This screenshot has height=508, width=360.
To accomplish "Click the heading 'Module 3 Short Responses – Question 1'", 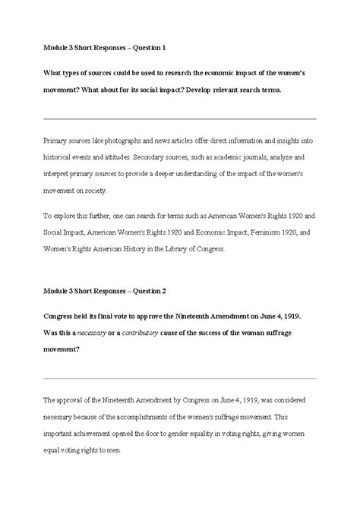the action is coord(105,48).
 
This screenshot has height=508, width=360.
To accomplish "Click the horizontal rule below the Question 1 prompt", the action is coord(180,118).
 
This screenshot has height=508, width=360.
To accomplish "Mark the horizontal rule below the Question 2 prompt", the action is coord(180,377).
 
